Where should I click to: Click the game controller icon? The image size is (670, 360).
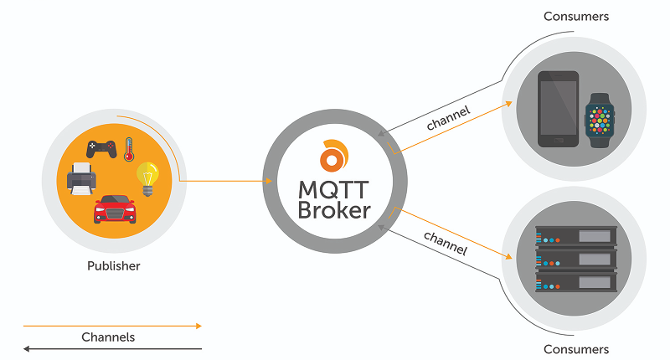point(101,149)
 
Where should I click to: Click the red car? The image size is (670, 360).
point(115,208)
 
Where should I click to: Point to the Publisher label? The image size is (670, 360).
point(113,266)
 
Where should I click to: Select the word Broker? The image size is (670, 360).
point(334,209)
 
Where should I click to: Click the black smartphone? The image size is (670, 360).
point(558,109)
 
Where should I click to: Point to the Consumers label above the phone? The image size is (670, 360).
point(576,16)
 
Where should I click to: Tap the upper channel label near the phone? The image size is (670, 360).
point(448,117)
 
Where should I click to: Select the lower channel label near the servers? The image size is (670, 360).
point(445,243)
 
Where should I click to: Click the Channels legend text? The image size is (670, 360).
point(108,337)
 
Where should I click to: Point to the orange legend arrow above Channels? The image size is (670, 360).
point(112,326)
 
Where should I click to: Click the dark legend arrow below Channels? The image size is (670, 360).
point(112,348)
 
